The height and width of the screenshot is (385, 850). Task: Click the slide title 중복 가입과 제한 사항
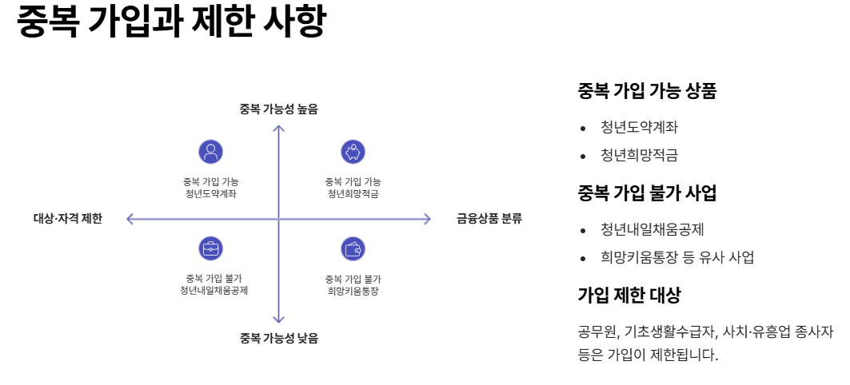point(171,22)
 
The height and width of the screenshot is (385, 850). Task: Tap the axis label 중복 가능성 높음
point(278,109)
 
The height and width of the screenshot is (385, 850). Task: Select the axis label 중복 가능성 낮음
point(278,338)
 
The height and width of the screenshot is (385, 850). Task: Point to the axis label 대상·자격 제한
point(68,219)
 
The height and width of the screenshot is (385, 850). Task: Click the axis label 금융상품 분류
point(489,219)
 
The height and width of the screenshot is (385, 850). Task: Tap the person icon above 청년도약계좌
point(210,152)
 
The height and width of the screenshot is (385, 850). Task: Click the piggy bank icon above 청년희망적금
point(353,152)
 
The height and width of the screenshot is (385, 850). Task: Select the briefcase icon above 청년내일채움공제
point(210,248)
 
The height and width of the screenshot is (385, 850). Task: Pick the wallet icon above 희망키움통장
point(353,248)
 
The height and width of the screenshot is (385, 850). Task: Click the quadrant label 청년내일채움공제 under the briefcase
point(213,291)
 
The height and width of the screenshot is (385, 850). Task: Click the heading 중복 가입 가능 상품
point(647,91)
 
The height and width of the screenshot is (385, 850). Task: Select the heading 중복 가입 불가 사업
point(647,193)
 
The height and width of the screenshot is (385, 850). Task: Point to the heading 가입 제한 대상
point(629,295)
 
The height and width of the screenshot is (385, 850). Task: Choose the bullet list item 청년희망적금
point(640,155)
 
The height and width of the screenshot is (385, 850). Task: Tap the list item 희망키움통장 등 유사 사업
point(677,257)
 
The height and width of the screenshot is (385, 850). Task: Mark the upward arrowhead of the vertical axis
point(278,128)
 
